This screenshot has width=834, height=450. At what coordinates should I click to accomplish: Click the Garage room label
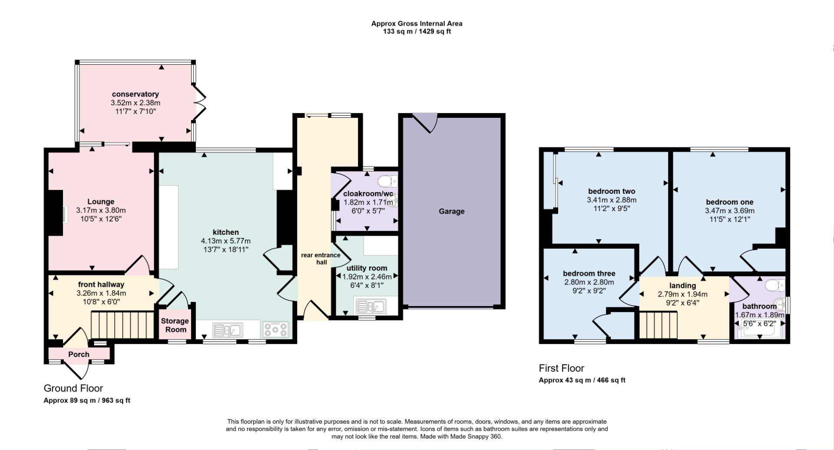(451, 211)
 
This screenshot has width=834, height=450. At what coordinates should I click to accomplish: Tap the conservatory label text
(135, 94)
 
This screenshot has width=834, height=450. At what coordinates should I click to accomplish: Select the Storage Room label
(175, 325)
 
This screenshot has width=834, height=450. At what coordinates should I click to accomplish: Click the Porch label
(79, 354)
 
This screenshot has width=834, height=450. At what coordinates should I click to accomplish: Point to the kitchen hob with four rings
(275, 329)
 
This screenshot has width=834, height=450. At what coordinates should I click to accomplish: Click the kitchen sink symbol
(227, 330)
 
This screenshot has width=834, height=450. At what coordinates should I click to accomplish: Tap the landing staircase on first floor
(658, 325)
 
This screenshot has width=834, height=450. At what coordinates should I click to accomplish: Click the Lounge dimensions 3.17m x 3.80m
(101, 210)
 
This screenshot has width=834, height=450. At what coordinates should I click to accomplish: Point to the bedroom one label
(729, 202)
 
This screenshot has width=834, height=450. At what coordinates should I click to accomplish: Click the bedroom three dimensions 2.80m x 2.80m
(589, 282)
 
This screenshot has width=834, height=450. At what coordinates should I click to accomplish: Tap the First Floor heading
(561, 368)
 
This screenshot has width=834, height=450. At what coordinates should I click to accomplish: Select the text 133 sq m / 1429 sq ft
(417, 31)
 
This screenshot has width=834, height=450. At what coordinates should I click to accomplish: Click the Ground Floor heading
(73, 388)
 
